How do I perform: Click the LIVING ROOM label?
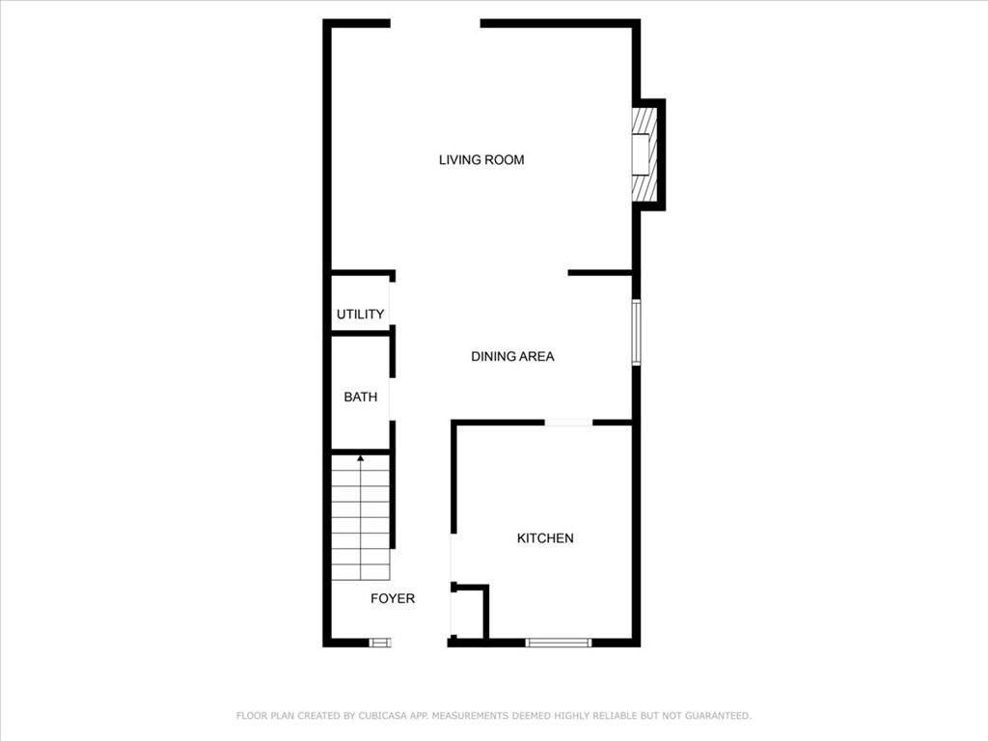481,160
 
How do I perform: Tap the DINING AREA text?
512,357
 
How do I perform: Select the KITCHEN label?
545,538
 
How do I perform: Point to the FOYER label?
393,598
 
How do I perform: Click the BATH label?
361,397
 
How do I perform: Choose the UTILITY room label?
360,314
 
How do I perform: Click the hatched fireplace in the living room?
645,154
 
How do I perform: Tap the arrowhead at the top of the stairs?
361,458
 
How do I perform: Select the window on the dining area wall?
637,332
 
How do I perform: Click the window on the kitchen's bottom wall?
559,643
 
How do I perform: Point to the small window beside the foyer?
380,643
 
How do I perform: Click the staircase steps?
361,517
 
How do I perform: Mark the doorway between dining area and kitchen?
568,423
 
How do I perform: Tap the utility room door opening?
392,304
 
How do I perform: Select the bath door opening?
392,399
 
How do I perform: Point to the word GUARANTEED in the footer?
718,716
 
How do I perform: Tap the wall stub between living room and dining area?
600,273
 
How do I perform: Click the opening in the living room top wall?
435,23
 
